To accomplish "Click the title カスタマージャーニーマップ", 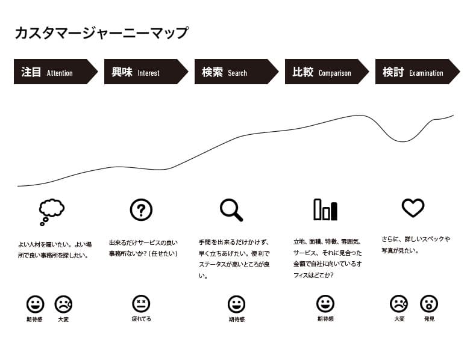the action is click(x=102, y=32).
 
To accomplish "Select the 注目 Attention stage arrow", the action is click(x=56, y=72).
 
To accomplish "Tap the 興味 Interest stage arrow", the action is click(x=146, y=72).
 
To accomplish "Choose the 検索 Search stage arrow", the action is click(x=236, y=72).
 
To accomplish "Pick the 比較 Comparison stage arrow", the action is click(x=327, y=72).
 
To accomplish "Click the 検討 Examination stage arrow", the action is click(x=418, y=72).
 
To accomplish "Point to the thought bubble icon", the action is click(x=52, y=212).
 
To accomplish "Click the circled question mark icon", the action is click(x=141, y=210).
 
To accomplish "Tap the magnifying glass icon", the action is click(x=231, y=210).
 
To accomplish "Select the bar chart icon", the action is click(x=325, y=209).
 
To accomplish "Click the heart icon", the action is click(x=413, y=208).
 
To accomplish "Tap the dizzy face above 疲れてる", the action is click(x=141, y=304).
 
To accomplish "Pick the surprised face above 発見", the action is click(x=429, y=304).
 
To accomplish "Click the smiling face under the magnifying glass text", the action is click(x=236, y=304).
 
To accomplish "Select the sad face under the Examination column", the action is click(x=399, y=304).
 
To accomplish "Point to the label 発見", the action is click(x=429, y=319).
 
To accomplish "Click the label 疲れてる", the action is click(x=142, y=319).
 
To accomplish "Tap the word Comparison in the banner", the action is click(x=334, y=73).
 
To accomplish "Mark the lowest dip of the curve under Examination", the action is click(x=403, y=141).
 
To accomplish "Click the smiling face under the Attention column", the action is click(x=36, y=304).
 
